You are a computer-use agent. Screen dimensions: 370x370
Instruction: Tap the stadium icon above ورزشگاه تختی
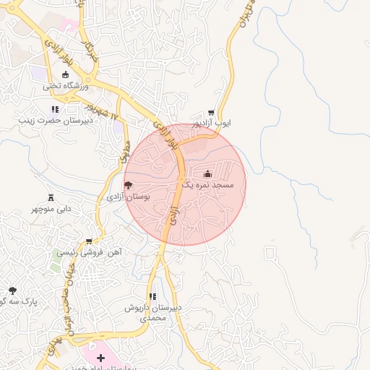[66, 74]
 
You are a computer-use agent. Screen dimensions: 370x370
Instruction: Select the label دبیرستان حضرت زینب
[53, 121]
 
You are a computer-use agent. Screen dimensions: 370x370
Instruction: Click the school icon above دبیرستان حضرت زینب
[54, 110]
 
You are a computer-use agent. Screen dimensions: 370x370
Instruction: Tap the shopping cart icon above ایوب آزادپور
[211, 113]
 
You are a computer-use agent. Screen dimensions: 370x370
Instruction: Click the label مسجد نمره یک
[208, 185]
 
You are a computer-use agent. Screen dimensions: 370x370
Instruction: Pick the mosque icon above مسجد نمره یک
[208, 173]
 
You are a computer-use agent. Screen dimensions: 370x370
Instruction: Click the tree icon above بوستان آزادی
[128, 185]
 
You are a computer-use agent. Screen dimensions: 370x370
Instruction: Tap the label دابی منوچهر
[51, 209]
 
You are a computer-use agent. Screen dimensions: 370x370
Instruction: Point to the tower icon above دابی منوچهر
[51, 198]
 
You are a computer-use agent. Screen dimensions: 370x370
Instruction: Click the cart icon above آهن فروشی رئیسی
[89, 241]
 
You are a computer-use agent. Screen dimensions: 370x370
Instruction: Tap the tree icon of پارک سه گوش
[12, 291]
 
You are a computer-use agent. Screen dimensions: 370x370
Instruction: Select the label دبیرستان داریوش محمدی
[152, 312]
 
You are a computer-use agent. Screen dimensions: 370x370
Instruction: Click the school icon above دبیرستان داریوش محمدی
[152, 296]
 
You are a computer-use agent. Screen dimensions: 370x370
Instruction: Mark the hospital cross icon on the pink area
[100, 358]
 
